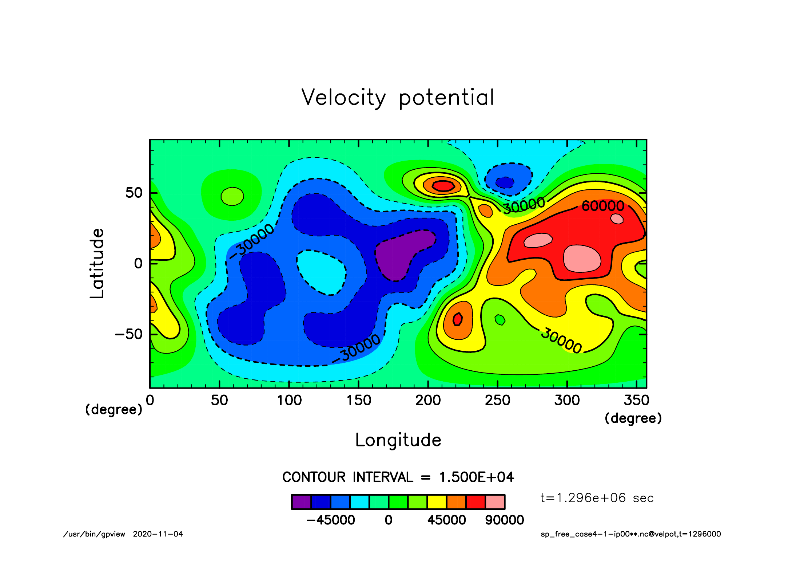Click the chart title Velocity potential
(398, 98)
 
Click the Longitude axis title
(398, 440)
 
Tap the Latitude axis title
(97, 263)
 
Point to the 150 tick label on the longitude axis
(359, 401)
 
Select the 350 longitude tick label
(636, 401)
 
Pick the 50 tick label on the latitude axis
(134, 193)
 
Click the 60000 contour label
(603, 206)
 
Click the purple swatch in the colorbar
(301, 502)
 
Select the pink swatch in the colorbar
(495, 502)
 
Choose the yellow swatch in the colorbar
(437, 502)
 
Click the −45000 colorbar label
(331, 520)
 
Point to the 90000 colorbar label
(505, 520)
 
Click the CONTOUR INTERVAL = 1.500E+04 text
(398, 477)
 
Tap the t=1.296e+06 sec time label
(597, 498)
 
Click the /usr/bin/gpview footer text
(94, 534)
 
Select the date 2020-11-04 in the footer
(158, 534)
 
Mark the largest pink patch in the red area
(582, 259)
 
